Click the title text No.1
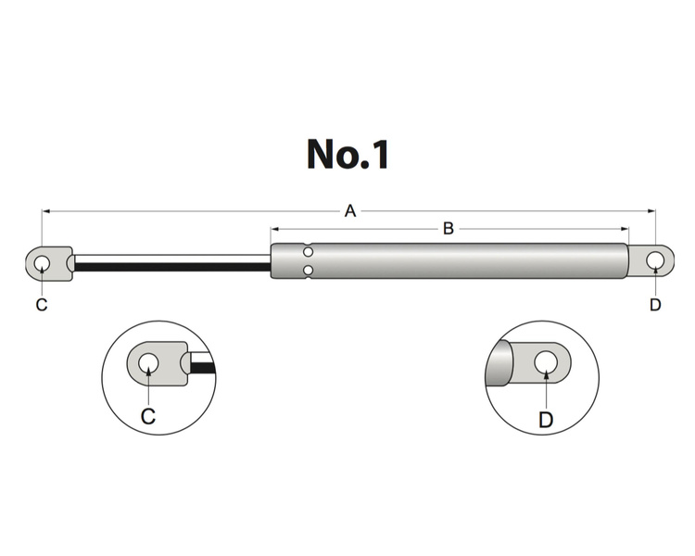pyautogui.click(x=347, y=155)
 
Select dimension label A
pyautogui.click(x=350, y=211)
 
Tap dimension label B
pyautogui.click(x=448, y=228)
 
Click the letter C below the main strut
pyautogui.click(x=41, y=305)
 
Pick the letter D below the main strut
pyautogui.click(x=655, y=305)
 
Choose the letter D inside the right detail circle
pyautogui.click(x=546, y=420)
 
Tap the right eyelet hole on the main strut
pyautogui.click(x=654, y=259)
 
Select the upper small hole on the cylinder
pyautogui.click(x=309, y=251)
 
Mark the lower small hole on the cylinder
pyautogui.click(x=309, y=270)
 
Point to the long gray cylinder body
pyautogui.click(x=463, y=260)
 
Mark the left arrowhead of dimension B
pyautogui.click(x=274, y=228)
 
